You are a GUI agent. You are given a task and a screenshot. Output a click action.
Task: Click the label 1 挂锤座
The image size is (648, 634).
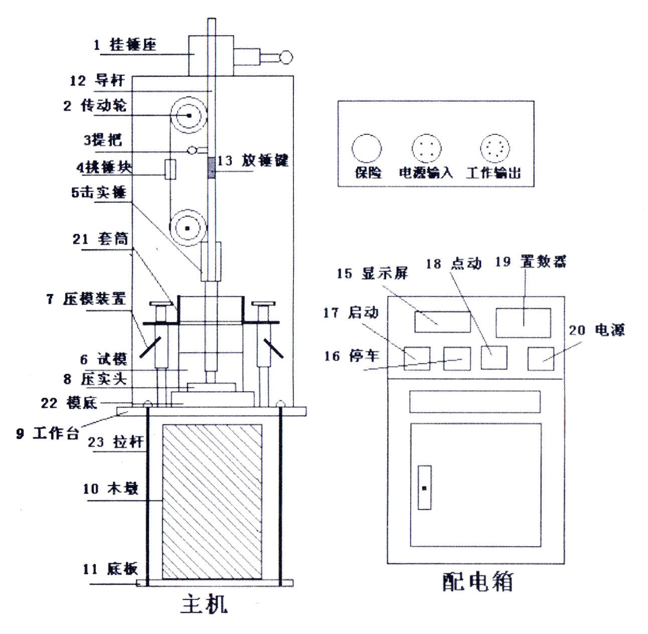pos(125,45)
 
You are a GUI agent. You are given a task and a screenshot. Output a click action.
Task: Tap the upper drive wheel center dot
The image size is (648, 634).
pos(189,116)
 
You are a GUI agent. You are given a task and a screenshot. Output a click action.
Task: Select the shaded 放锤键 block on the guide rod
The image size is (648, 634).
pos(212,168)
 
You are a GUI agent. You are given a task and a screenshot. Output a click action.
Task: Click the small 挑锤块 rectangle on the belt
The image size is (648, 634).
pos(171,170)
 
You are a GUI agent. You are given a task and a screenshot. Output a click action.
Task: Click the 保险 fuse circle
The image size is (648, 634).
pos(367,148)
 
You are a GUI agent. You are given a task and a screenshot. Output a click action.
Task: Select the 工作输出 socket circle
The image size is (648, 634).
pos(495,148)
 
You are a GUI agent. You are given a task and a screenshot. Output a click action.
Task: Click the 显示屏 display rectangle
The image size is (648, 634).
pos(442,322)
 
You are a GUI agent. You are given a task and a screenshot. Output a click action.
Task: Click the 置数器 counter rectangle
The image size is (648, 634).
pos(523,323)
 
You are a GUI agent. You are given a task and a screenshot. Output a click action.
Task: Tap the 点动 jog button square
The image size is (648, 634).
pos(494,358)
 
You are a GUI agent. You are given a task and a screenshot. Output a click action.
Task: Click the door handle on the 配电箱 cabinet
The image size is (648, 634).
pos(424,488)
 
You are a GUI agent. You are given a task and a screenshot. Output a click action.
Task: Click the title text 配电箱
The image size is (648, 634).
pos(477,582)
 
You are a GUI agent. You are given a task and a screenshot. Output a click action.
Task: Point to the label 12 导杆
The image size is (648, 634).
pos(97,80)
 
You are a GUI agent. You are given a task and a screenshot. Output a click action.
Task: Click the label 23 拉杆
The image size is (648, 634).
pos(116,442)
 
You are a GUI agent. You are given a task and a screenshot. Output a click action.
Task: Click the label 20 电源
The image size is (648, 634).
pos(597,330)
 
